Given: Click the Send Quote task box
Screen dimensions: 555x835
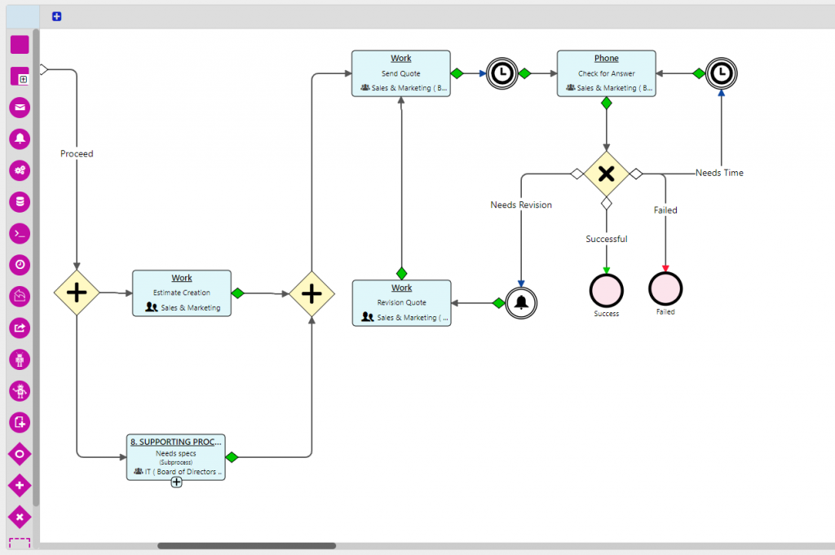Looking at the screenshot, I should (400, 73).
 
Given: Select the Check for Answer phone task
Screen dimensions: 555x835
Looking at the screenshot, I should (606, 73).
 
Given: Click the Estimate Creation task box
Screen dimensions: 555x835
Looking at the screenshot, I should (182, 293).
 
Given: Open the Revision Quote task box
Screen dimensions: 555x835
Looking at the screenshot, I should (401, 302).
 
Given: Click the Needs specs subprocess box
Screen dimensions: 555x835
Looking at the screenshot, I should (175, 456).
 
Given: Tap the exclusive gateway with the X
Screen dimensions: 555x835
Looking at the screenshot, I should (606, 173).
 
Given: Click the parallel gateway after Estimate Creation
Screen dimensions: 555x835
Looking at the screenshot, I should (312, 293).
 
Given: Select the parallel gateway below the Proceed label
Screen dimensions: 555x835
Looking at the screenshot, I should (77, 293).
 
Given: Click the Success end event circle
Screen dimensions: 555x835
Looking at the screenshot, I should (606, 289).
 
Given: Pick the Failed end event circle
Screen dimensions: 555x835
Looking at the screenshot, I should (665, 289).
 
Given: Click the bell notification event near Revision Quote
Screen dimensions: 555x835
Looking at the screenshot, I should (521, 302).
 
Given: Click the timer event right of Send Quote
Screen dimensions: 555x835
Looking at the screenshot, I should (502, 73).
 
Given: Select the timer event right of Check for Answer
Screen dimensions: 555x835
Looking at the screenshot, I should (721, 73).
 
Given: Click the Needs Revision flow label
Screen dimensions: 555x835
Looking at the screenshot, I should (521, 205).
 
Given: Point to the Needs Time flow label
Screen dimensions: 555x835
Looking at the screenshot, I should (719, 173).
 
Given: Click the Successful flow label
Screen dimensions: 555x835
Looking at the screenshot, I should (607, 239).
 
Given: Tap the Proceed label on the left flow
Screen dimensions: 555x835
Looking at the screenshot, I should (77, 153).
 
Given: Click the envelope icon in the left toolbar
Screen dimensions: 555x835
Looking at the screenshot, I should (20, 108).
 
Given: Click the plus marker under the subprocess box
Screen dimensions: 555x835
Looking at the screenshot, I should (176, 482).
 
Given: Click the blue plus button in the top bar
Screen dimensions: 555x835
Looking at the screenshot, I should (56, 16).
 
